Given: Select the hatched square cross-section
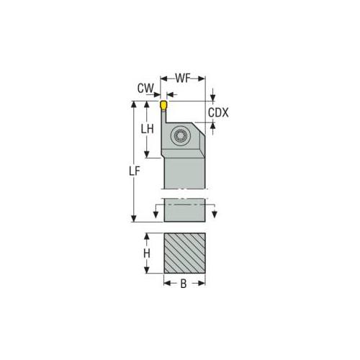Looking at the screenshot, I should [185, 253].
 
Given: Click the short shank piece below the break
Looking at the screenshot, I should [185, 211].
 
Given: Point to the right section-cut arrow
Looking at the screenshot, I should [214, 212].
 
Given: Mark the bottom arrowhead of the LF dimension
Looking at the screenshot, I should [134, 220].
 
